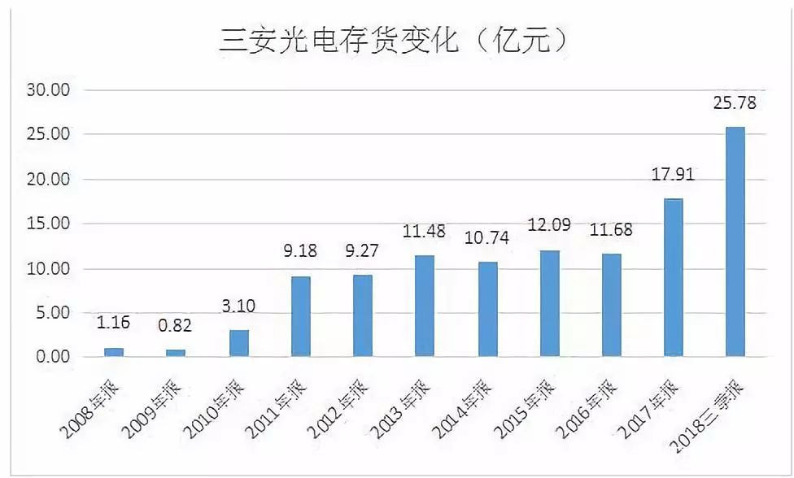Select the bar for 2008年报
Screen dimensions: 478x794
point(115,353)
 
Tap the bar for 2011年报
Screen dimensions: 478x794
point(301,317)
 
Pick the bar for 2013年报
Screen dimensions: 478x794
point(425,306)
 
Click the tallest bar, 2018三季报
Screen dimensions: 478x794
point(735,242)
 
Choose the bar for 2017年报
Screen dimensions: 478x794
point(674,278)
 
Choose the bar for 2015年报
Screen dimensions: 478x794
point(549,304)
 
